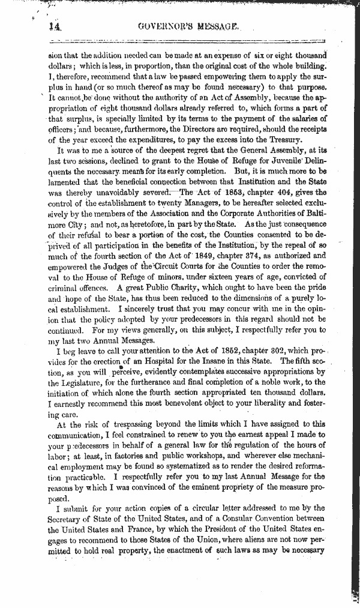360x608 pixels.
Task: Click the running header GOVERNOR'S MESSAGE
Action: (x=188, y=26)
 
